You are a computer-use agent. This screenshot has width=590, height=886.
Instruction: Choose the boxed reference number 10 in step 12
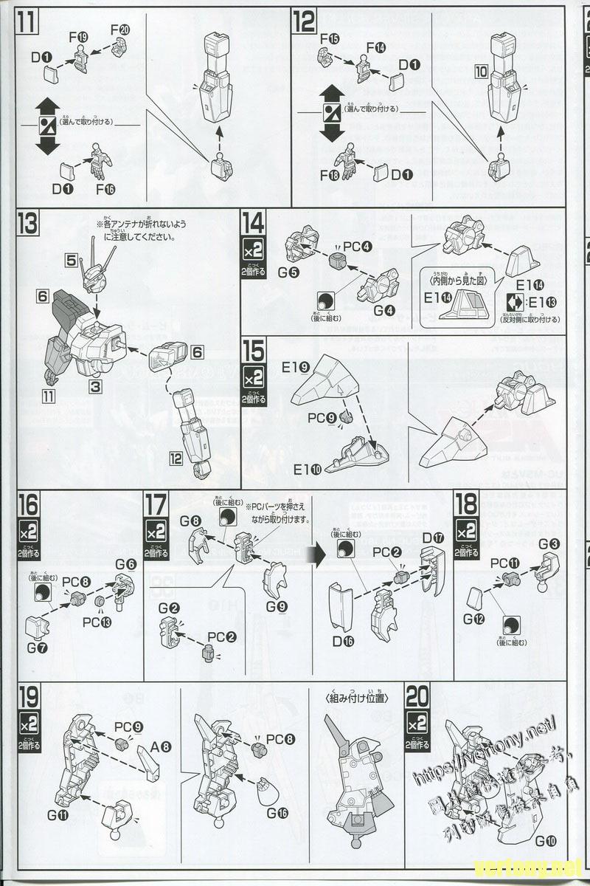point(481,72)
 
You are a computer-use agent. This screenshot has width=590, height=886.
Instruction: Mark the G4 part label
point(383,310)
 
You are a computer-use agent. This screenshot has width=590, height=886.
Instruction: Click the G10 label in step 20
point(546,840)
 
